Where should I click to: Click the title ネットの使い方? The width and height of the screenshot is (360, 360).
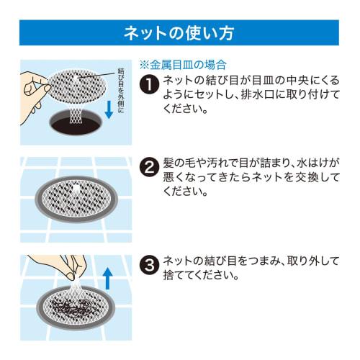[x=179, y=33]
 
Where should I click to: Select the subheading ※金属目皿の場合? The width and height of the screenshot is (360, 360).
[x=183, y=65]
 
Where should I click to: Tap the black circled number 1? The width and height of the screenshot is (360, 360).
[x=149, y=84]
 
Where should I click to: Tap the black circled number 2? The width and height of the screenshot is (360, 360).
[x=149, y=167]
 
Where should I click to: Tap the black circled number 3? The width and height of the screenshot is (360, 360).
[x=149, y=265]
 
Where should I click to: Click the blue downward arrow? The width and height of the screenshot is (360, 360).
[x=109, y=109]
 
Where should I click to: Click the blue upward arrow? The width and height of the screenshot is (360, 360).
[x=107, y=279]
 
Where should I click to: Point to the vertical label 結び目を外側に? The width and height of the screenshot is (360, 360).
[x=121, y=91]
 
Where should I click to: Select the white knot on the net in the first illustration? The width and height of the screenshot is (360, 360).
[x=76, y=77]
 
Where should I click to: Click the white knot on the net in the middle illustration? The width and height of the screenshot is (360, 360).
[x=76, y=188]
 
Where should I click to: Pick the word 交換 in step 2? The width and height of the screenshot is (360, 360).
[x=307, y=177]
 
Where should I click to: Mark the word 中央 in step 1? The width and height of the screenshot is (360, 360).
[x=297, y=80]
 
